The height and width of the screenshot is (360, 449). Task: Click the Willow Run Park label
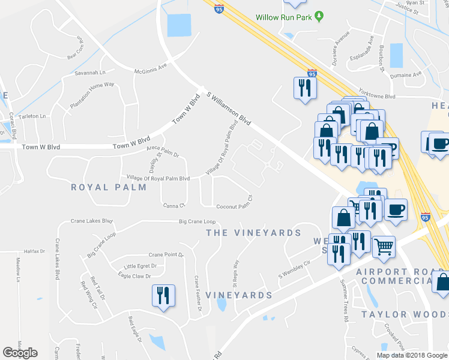coord(284,17)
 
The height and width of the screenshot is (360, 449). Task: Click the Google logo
coord(20,353)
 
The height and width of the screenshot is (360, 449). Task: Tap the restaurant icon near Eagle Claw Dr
coord(163,296)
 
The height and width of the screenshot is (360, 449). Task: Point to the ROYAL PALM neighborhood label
coord(109,187)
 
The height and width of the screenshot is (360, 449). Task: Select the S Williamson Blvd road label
coord(229,107)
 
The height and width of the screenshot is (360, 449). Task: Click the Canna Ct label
coord(173,206)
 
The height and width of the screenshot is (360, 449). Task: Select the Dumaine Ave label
coord(406,76)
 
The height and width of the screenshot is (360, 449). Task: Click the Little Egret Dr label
coord(140,266)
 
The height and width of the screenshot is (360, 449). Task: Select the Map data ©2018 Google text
coord(411,355)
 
